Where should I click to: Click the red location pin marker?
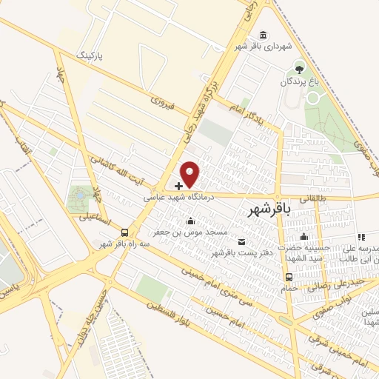coord(190,172)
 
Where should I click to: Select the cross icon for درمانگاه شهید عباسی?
coord(179,184)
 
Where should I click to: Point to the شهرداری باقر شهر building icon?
coord(264,34)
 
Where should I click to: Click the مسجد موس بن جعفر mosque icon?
coord(191,221)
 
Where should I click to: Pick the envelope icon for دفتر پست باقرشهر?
coord(241,241)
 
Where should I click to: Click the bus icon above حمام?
coord(289,276)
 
